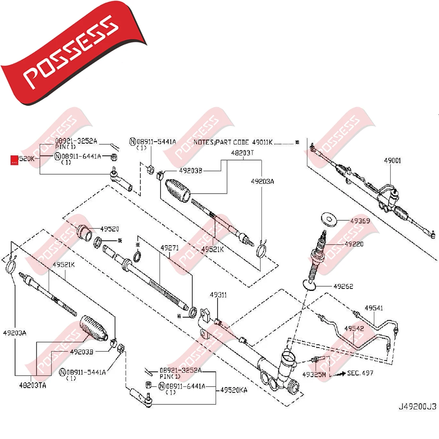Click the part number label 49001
pos(392,161)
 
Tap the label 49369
pos(360,221)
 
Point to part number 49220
pos(354,244)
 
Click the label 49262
pos(343,286)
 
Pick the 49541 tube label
pos(374,308)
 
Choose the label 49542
pos(354,328)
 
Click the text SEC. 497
pos(360,373)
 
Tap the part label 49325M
pos(314,374)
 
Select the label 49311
pos(218,295)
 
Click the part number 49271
pos(170,248)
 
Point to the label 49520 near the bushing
pos(109,229)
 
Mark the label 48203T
pos(242,153)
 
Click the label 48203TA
pos(32,386)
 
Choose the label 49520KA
pos(233,390)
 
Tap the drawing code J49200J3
pos(417,407)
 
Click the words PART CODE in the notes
pos(233,142)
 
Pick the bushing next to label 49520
pos(84,233)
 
